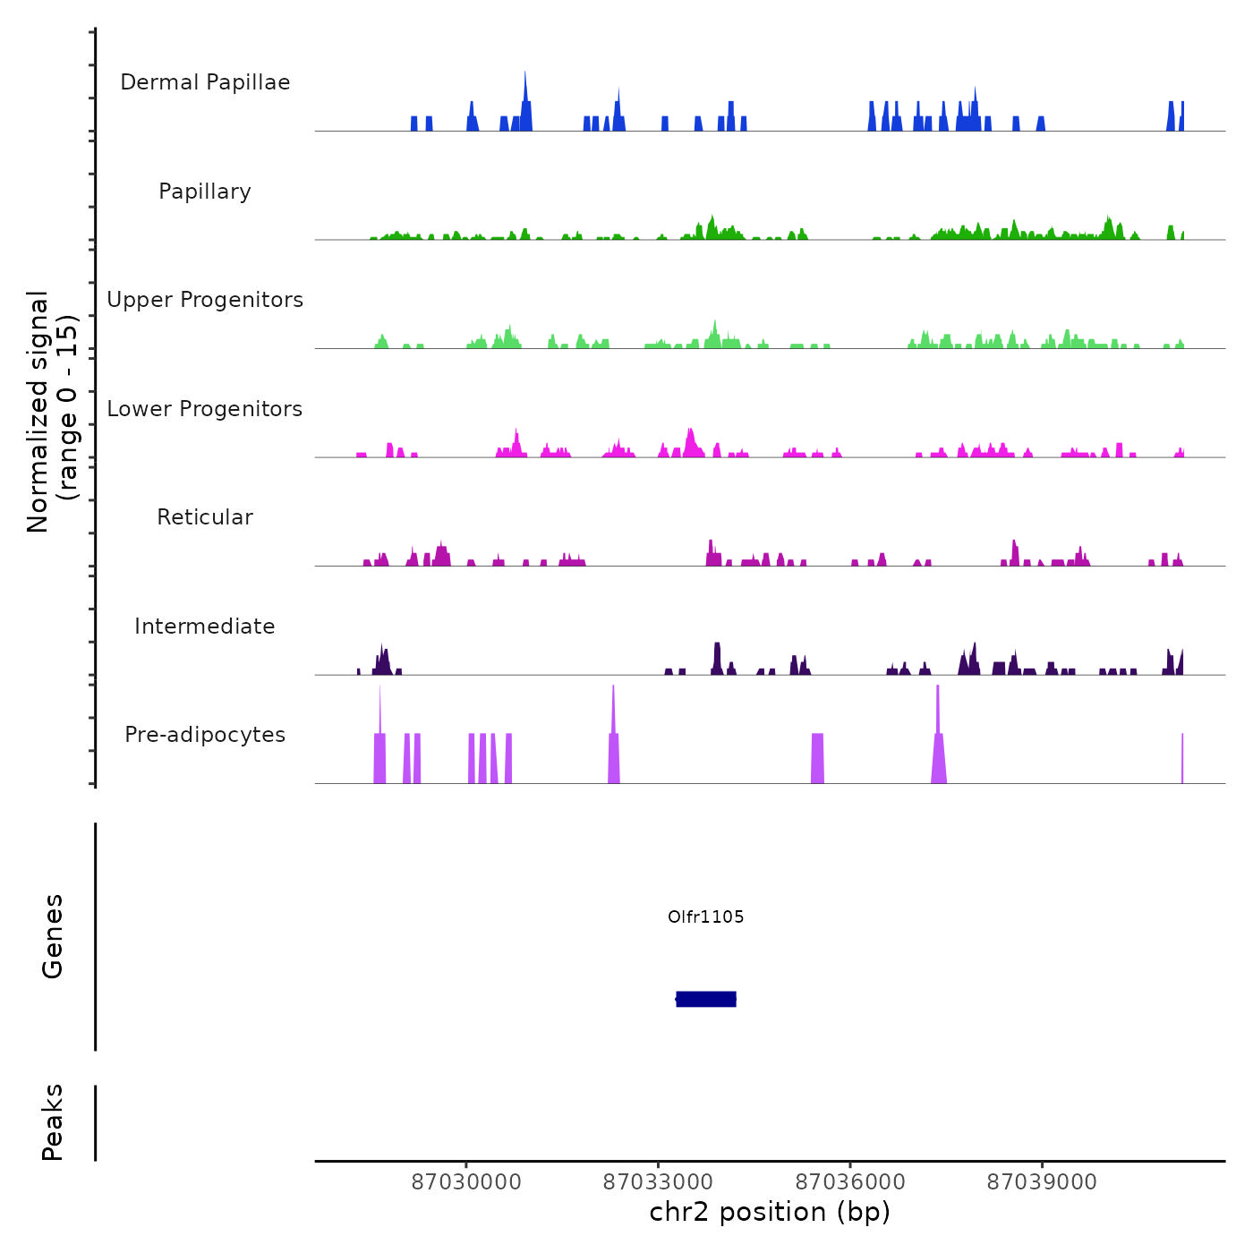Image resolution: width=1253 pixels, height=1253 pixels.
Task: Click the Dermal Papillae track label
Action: coord(205,82)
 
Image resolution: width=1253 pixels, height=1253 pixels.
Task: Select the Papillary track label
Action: coord(205,192)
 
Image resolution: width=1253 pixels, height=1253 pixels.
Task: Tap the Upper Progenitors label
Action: coord(205,300)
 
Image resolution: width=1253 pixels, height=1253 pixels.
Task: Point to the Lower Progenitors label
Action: coord(205,409)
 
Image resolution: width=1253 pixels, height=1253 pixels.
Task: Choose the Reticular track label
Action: coord(205,517)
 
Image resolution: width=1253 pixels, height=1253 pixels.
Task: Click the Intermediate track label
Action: coord(205,626)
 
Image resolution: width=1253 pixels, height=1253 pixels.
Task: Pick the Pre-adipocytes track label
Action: coord(205,735)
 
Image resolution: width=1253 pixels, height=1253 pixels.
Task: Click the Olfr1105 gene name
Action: coord(706,916)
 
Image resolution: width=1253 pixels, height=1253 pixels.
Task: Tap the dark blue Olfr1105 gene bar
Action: coord(706,999)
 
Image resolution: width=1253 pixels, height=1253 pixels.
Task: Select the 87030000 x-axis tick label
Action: coord(466,1182)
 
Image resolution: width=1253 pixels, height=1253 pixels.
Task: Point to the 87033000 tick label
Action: coord(658,1182)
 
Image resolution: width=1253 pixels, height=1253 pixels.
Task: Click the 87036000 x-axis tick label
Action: coord(850,1182)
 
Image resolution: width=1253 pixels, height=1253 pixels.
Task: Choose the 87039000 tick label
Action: coord(1042,1182)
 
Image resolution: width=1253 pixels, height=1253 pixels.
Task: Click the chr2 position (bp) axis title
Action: coord(770,1212)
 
